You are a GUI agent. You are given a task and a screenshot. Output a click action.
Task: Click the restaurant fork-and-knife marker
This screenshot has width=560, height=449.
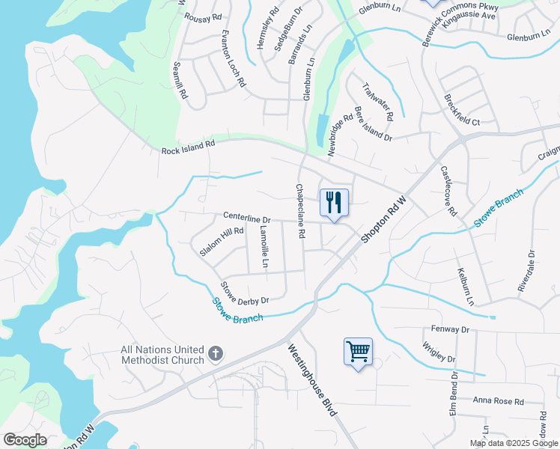(335, 202)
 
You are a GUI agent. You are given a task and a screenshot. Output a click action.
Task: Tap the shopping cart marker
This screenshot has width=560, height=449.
(358, 351)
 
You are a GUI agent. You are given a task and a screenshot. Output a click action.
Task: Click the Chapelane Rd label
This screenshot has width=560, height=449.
(299, 211)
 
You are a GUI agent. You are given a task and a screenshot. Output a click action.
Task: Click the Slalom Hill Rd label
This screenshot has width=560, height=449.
(222, 242)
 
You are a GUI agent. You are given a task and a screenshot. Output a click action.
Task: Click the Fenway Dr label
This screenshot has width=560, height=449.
(450, 329)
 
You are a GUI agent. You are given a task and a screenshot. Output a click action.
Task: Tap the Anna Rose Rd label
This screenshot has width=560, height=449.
(499, 401)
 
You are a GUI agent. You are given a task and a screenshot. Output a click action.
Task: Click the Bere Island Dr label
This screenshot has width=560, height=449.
(373, 124)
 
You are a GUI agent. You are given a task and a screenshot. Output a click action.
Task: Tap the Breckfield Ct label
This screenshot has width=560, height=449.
(461, 110)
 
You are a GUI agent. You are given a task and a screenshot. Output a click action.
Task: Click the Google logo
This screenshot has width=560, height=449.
(25, 440)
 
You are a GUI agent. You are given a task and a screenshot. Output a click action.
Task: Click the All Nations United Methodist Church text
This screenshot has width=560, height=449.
(163, 355)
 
